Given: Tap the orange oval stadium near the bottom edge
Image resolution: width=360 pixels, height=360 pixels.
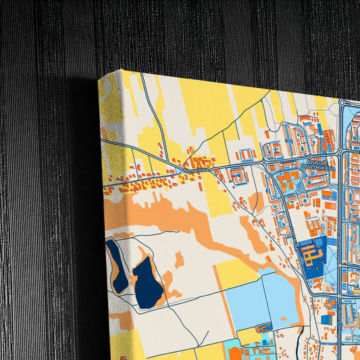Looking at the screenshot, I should click(x=235, y=353).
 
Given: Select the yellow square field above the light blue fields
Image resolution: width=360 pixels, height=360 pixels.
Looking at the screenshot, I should click(x=236, y=272).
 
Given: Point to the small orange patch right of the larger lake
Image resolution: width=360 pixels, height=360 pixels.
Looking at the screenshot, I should click(x=178, y=259).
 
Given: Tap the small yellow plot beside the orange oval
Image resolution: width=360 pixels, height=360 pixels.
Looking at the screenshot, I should click(x=249, y=336).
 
